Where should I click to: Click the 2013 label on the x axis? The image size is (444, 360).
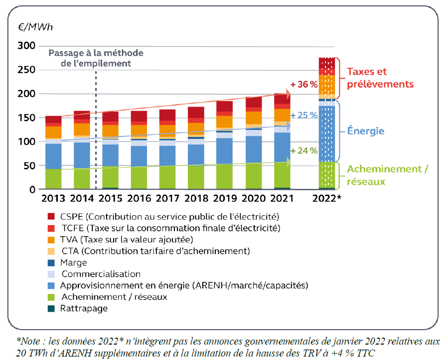point(53,199)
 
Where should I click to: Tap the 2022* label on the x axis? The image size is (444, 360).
point(326,199)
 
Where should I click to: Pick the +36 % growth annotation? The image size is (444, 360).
point(304,85)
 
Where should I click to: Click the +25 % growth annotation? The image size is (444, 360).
point(304,115)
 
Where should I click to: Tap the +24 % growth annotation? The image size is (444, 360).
point(304,151)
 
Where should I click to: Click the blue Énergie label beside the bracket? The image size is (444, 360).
point(366,131)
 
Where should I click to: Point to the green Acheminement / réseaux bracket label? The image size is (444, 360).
point(387,175)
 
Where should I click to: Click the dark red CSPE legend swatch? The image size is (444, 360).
point(51,217)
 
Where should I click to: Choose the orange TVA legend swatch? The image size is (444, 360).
point(51,240)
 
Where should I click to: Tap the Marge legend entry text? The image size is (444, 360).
point(73,262)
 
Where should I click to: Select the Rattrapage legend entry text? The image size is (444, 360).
point(84,308)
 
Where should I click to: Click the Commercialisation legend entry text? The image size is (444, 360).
point(101,274)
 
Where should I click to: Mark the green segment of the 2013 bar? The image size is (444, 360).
point(53,179)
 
